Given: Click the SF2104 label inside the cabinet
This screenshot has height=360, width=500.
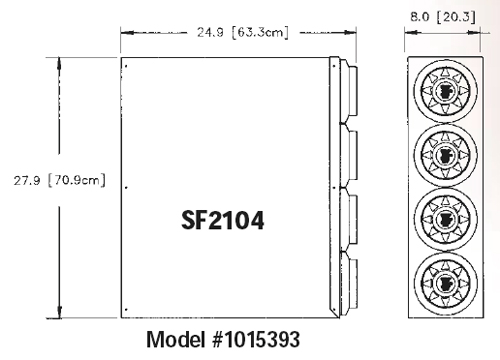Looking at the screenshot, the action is coord(223,220).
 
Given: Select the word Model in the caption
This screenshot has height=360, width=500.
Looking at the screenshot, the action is coord(176,339).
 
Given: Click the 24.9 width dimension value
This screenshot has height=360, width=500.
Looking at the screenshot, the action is coord(210,32).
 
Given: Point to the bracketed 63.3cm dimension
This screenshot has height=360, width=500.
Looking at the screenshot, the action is coord(260,32).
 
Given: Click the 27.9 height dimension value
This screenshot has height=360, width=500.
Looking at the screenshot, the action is coord(27,180).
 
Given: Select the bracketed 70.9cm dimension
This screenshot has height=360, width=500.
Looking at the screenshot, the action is coord(77,180).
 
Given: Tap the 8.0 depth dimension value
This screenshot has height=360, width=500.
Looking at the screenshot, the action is coord(420,17).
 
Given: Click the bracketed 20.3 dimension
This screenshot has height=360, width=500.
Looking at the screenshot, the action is coord(456,17).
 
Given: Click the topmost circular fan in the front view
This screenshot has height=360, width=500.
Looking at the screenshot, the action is coord(446,91).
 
